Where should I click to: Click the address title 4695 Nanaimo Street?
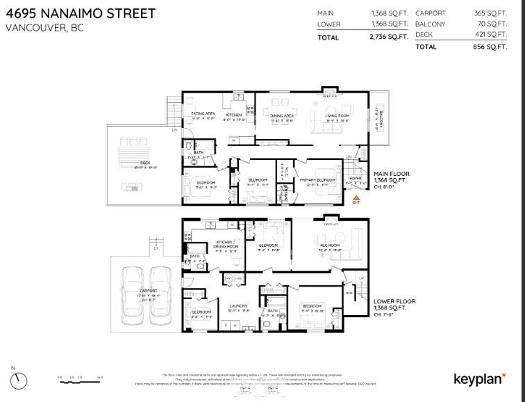coord(81,14)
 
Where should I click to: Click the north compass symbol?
coord(19,380)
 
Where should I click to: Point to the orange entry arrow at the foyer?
coord(357,198)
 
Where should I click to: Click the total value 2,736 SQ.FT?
coord(388,38)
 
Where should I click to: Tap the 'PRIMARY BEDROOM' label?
coord(319,180)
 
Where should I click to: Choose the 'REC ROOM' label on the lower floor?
coord(329,246)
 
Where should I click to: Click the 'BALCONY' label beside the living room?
coord(378,120)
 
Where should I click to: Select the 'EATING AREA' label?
coord(203,114)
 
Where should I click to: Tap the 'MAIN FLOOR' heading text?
coord(392,174)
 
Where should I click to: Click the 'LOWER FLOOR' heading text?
coord(394,301)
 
